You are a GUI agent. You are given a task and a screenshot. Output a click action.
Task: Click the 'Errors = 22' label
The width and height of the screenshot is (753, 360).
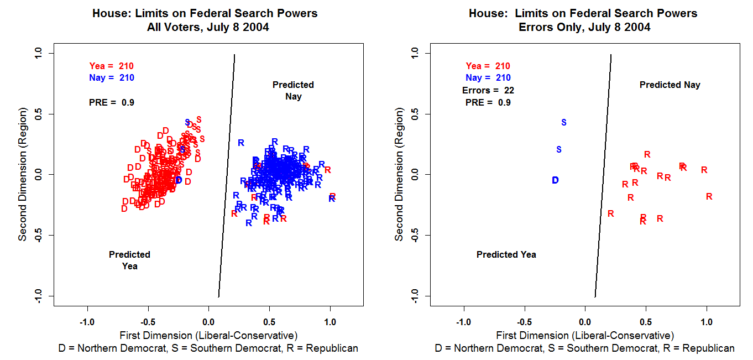[x=488, y=90]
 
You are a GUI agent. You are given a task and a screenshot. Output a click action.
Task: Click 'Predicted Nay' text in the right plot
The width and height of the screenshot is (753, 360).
[x=670, y=85]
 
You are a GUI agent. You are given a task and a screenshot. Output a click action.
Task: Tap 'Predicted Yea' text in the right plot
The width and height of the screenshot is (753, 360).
[x=506, y=255]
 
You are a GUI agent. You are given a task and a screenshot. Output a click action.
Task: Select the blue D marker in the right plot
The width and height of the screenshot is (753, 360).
[x=556, y=180]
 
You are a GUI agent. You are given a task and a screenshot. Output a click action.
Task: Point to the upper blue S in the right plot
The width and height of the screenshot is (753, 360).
[x=564, y=122]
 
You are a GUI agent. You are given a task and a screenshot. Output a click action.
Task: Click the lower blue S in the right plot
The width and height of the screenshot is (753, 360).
[x=559, y=149]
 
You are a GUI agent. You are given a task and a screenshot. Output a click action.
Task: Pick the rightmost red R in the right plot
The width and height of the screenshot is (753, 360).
[x=709, y=196]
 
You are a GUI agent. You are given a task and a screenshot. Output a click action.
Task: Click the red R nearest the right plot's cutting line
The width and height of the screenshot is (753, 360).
[x=611, y=213]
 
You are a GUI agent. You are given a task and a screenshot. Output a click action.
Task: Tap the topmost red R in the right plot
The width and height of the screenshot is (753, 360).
[x=647, y=154]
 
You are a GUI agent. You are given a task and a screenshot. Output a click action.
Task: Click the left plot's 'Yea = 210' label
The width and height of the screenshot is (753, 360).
[x=111, y=66]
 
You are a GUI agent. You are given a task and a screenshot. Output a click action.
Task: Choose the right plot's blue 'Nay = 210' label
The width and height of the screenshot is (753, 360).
[x=488, y=78]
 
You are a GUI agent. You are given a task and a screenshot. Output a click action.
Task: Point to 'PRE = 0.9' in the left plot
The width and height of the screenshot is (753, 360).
[x=111, y=102]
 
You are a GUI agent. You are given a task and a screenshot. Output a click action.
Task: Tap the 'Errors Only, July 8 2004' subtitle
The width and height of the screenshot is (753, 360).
[x=584, y=27]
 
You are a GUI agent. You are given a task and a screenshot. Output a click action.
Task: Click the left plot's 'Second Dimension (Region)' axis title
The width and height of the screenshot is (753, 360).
[x=23, y=175]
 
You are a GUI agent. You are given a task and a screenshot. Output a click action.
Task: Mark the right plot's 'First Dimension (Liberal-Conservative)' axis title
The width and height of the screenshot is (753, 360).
[x=585, y=335]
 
